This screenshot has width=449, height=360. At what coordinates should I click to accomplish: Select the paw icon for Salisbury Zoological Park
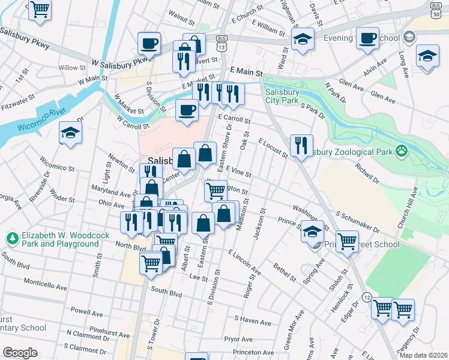400,151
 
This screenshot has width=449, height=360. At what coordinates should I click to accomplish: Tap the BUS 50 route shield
436,9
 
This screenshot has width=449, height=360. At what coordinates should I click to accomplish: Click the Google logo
20,353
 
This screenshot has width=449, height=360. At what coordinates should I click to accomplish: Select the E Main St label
246,71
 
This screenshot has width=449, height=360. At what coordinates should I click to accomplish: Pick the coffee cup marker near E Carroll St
187,110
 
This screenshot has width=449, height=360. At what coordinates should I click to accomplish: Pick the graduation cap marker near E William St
303,39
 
